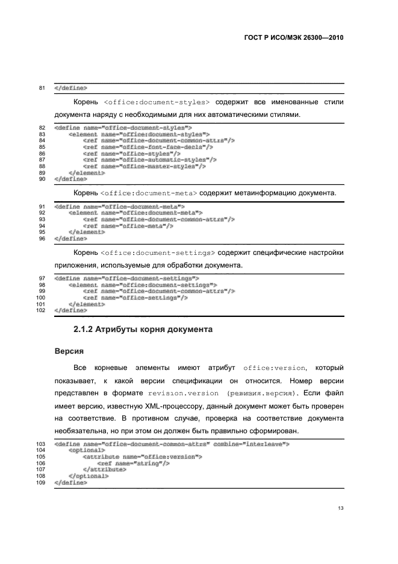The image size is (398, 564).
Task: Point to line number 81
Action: pyautogui.click(x=43, y=88)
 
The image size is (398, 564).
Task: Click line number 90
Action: pyautogui.click(x=43, y=179)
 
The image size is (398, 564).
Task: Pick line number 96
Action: pyautogui.click(x=43, y=238)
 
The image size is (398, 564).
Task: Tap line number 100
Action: pyautogui.click(x=42, y=298)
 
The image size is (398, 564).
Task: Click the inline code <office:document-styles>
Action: pyautogui.click(x=157, y=102)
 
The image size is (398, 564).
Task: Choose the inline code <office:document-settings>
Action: pyautogui.click(x=159, y=252)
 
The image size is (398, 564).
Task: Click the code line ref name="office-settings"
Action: pyautogui.click(x=135, y=298)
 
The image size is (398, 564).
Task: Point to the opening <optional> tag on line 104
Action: pyautogui.click(x=87, y=450)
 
